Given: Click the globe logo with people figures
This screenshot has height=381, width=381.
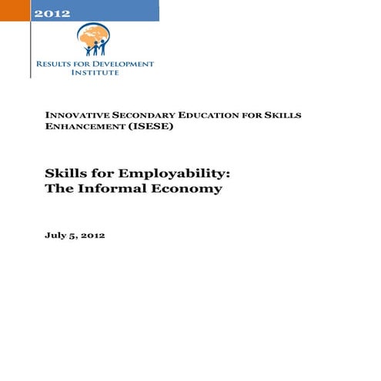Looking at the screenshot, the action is (x=93, y=38).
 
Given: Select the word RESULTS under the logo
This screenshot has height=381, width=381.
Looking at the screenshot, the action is (x=53, y=64).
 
